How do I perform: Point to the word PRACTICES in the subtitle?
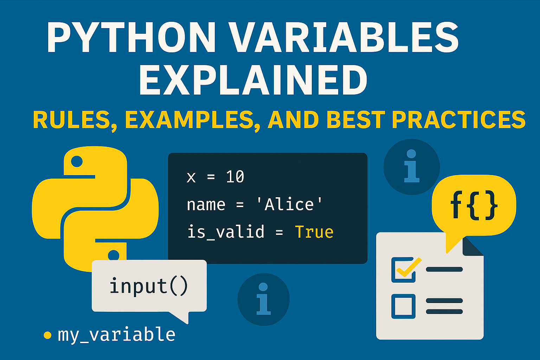[458, 120]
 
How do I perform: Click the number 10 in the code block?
[235, 177]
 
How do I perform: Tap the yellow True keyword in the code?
[314, 232]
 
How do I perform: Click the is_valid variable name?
[225, 232]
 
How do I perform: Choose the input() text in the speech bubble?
[149, 286]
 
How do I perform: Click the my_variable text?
[116, 334]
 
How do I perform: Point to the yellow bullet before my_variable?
[47, 335]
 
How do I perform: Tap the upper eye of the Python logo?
[77, 162]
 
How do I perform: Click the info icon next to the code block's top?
[411, 166]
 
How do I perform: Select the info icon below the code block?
[263, 299]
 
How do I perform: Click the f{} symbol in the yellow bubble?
[474, 205]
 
